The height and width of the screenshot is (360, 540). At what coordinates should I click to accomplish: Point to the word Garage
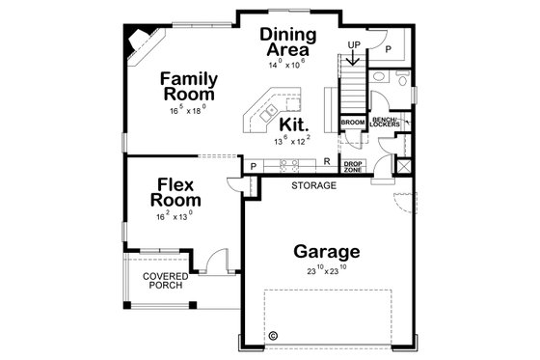pos(327,252)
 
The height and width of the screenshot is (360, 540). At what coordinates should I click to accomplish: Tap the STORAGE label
pos(314,184)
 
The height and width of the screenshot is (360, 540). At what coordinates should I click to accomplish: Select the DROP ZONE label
pos(353,166)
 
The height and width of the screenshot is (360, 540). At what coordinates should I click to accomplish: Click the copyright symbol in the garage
pos(273,337)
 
